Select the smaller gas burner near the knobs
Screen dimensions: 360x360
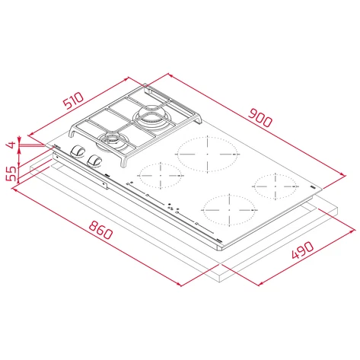coord(113,140)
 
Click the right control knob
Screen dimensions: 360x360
coord(95,160)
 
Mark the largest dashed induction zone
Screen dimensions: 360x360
coord(206,155)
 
